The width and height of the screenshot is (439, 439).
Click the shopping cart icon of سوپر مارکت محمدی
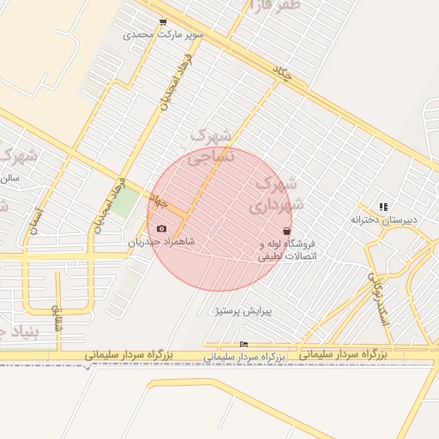tap(163, 22)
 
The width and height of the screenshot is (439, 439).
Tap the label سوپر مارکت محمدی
tap(163, 35)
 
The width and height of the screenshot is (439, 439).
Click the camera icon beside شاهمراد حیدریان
tap(162, 229)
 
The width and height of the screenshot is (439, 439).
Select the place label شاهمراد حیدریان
tap(162, 242)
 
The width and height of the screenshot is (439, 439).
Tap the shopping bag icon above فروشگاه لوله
tap(286, 231)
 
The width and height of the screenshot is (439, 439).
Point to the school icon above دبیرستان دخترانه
tap(383, 207)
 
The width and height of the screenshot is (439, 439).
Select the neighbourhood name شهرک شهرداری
tap(277, 194)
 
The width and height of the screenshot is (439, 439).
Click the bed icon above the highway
tap(244, 345)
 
